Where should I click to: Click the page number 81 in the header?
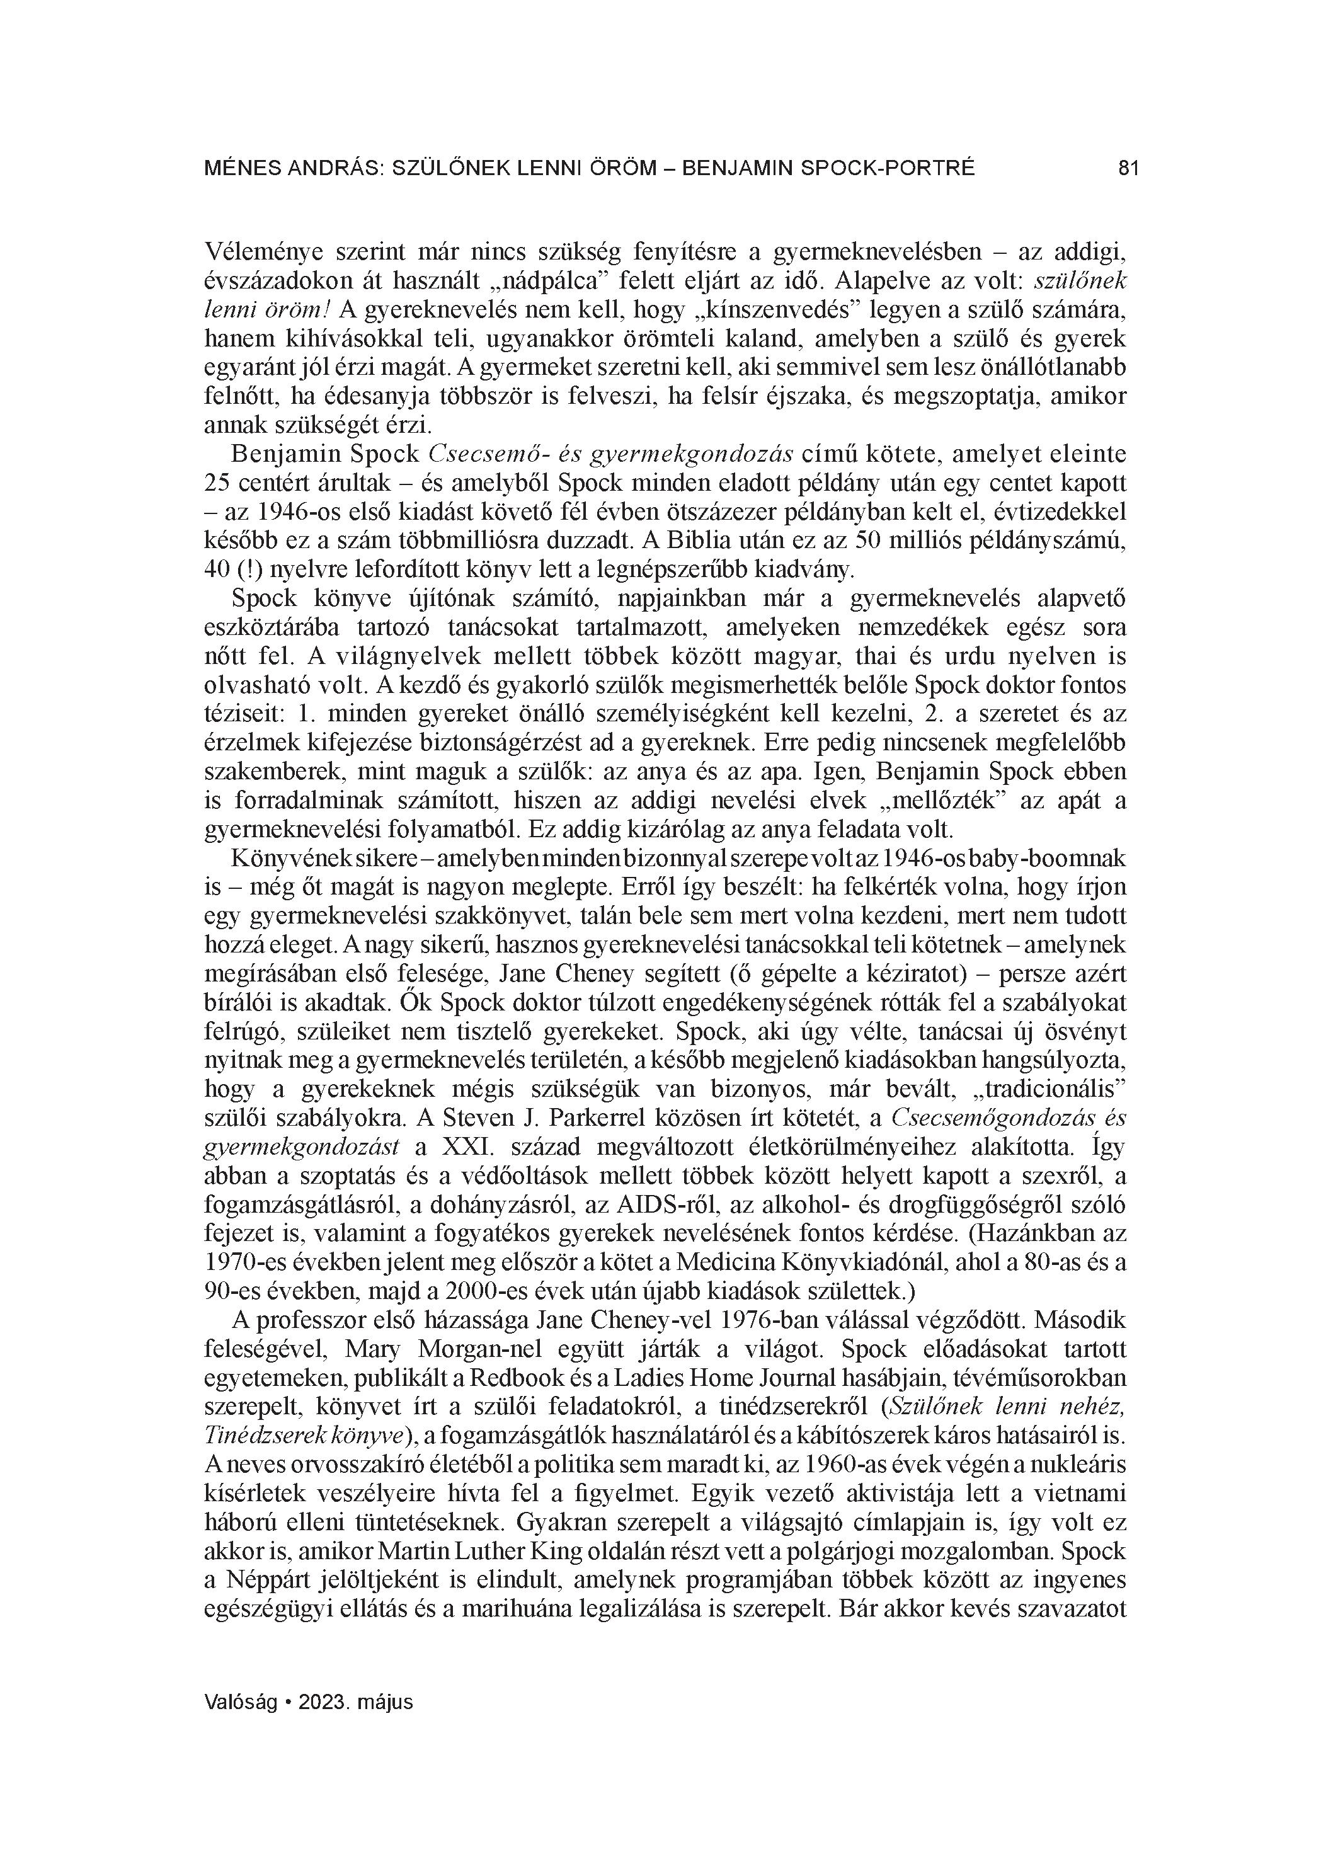click(x=1128, y=169)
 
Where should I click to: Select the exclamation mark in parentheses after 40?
click(x=258, y=571)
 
